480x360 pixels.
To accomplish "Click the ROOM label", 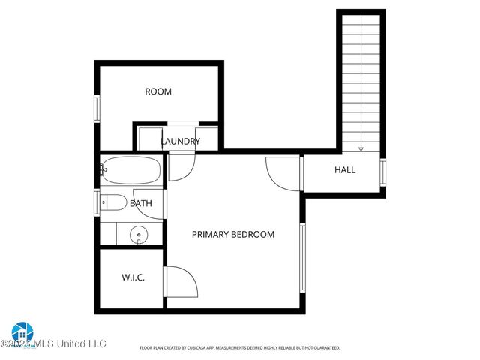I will [x=158, y=91].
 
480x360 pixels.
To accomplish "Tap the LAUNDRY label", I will [x=181, y=141].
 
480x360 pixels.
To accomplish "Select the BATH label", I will [x=141, y=203].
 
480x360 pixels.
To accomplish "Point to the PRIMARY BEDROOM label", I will [x=233, y=234].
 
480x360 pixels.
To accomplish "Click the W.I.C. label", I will [x=133, y=277].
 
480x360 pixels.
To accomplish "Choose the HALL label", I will [x=345, y=170].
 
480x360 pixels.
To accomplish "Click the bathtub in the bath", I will [x=131, y=171].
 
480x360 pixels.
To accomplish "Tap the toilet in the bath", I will [x=113, y=202].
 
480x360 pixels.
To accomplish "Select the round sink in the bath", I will [x=138, y=235].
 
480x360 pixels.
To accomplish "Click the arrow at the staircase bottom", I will [x=361, y=148].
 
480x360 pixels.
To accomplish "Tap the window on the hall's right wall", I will [x=383, y=172].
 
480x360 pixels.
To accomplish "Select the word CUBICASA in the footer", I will [x=212, y=348].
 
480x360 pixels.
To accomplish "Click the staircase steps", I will [x=361, y=75].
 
